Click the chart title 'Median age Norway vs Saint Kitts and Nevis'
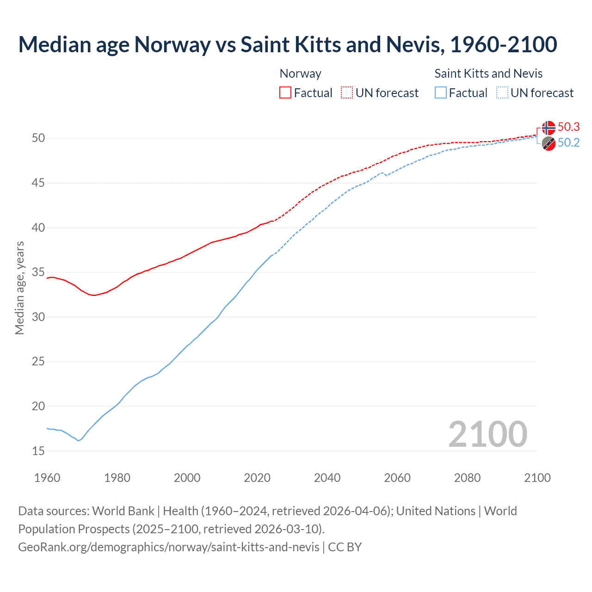pos(287,44)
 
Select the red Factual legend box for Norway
pos(285,92)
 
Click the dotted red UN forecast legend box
pos(347,92)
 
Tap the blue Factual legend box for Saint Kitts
pos(441,92)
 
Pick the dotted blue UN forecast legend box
pos(502,92)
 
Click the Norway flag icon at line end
pos(549,128)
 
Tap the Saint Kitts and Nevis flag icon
pos(549,143)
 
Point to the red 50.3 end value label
pos(569,127)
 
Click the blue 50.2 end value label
pos(569,143)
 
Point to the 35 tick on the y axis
pos(38,272)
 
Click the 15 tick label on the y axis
pos(38,451)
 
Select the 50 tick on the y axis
pos(38,138)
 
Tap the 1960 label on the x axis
pos(47,478)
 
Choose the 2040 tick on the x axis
pos(327,478)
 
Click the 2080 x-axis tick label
pos(467,478)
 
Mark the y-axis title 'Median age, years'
pos(19,288)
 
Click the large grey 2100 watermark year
pos(487,434)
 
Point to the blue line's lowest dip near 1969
pos(78,441)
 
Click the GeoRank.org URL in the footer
pos(169,547)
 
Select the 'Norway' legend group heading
pos(300,74)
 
